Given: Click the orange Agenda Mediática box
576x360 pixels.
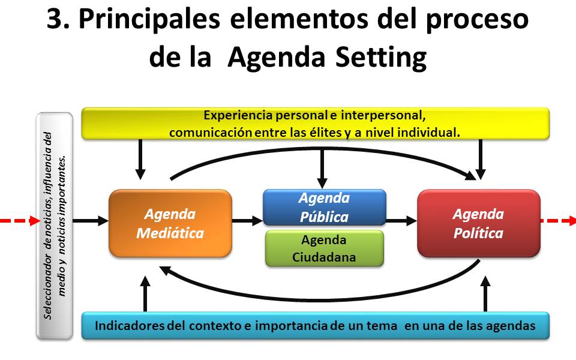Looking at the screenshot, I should point(170,223).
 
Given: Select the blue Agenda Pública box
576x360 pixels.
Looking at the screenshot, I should point(324,207).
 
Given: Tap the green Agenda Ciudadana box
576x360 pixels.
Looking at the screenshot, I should point(324,248).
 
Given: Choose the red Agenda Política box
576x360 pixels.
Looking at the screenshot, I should point(478,223).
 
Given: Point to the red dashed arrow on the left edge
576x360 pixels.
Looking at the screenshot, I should point(18,221).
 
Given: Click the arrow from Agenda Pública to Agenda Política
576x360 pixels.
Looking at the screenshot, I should point(401,221).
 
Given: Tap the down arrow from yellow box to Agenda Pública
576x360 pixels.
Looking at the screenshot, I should point(323,165).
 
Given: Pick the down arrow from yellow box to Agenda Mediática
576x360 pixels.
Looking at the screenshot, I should point(140,159).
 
